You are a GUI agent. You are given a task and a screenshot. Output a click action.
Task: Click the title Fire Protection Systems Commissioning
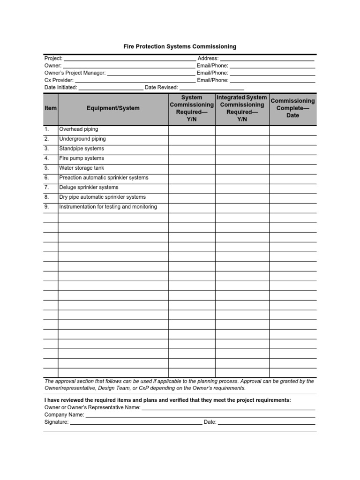(x=180, y=47)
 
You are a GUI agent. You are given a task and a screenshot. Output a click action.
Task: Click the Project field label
(x=53, y=58)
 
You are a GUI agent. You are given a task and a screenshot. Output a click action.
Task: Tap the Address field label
(x=208, y=58)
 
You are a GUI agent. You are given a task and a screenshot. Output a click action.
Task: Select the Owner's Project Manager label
(x=75, y=73)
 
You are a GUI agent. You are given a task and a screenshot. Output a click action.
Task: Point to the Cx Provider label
(x=59, y=80)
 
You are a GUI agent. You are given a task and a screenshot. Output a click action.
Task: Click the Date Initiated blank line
(x=111, y=88)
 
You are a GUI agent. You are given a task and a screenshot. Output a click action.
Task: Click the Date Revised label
(x=161, y=88)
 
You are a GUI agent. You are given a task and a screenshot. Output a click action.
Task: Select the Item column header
(x=51, y=108)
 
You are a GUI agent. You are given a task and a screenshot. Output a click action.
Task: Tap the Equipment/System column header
(x=113, y=108)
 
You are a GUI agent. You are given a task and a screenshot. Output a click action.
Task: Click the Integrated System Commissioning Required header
(x=242, y=108)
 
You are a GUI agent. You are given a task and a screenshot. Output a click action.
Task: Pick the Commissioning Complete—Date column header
(x=292, y=108)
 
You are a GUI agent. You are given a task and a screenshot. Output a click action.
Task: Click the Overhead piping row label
(x=78, y=129)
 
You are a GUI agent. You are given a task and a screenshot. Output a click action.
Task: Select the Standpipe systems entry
(x=82, y=149)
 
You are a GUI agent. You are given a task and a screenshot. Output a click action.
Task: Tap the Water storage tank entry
(x=82, y=168)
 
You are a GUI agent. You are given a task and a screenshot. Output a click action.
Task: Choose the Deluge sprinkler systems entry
(x=89, y=187)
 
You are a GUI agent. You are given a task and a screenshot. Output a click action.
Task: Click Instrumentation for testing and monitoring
(x=108, y=207)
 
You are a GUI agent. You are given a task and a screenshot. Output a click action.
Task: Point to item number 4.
(x=47, y=158)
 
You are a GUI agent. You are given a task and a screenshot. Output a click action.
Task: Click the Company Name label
(x=64, y=415)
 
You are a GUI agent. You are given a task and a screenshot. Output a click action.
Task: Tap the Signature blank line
(x=136, y=422)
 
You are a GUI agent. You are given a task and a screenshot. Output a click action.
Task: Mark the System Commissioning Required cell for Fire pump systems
(x=192, y=158)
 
